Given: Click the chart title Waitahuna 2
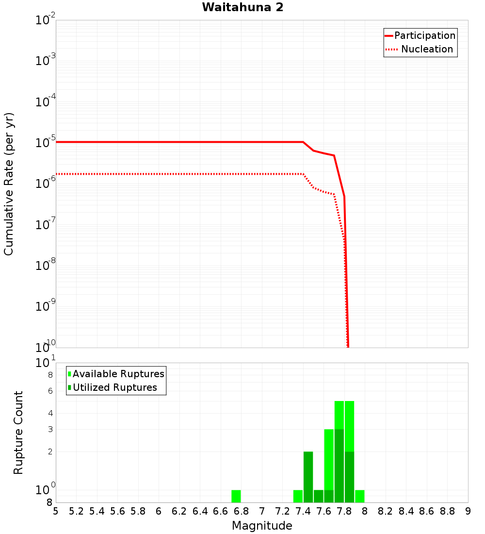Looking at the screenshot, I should click(x=242, y=7).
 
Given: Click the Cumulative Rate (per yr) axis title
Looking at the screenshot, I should click(x=9, y=184).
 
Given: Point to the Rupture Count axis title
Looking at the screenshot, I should click(x=18, y=432).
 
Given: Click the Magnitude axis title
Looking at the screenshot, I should click(x=262, y=526).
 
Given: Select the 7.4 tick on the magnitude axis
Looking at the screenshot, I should click(x=303, y=511).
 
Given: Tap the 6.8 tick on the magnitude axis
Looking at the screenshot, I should click(x=241, y=511).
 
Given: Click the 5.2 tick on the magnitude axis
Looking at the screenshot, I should click(x=76, y=511).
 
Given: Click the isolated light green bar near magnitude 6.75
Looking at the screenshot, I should click(x=236, y=496).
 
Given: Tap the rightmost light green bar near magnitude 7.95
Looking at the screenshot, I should click(x=360, y=496).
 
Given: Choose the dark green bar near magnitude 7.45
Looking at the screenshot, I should click(x=308, y=477).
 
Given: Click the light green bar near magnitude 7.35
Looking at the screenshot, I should click(x=298, y=496).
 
